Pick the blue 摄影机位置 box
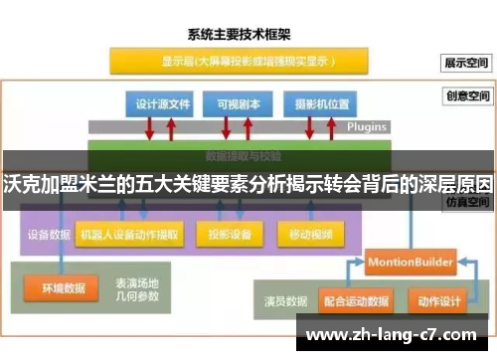coord(315,103)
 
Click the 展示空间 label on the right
coord(466,62)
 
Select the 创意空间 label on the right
coord(466,96)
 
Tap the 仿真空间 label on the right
coord(466,201)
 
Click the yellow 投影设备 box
coord(230,236)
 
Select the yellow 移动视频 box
coord(311,236)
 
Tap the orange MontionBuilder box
coord(411,262)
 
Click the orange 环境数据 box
coord(64,288)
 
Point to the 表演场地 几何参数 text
coord(138,288)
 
